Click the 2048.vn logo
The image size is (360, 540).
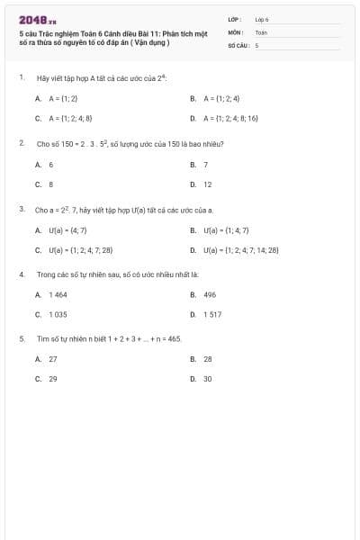37,19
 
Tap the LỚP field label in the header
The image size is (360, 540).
235,19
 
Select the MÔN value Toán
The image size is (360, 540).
261,31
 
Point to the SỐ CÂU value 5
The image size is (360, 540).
257,44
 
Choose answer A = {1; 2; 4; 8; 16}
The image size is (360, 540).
230,118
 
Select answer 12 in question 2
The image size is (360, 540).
207,184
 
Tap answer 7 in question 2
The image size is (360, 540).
205,164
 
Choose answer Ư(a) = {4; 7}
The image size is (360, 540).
67,229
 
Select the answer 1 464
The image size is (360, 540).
58,294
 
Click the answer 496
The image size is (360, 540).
210,294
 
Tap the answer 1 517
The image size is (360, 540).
212,314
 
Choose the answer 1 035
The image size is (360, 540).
58,314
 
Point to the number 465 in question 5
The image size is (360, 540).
175,338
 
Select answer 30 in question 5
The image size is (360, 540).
208,379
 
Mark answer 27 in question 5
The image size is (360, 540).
53,358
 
